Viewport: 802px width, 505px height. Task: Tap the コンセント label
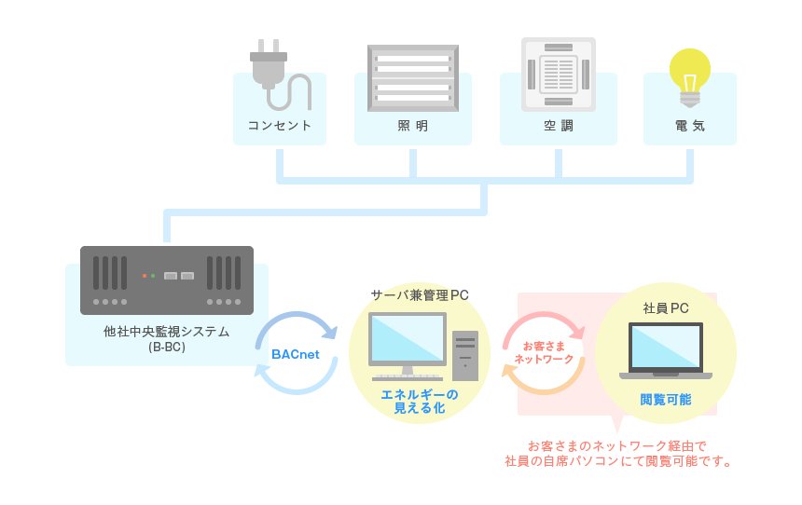point(279,126)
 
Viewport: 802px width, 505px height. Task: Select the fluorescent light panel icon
point(413,78)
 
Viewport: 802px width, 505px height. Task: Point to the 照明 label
point(413,126)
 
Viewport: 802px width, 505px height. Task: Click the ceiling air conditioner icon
point(559,75)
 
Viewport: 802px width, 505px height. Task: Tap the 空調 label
point(559,126)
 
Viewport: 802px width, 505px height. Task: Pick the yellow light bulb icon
point(690,77)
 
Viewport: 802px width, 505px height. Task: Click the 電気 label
point(690,126)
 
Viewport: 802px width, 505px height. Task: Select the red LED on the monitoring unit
point(145,276)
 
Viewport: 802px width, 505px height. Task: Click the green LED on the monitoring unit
point(152,276)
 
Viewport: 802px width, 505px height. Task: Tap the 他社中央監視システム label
point(166,332)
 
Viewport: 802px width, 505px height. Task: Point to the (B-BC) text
point(167,347)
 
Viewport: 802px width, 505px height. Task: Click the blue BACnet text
point(295,354)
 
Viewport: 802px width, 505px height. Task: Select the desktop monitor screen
point(408,338)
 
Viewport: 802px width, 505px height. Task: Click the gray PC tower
point(465,356)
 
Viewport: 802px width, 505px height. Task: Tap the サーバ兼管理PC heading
point(420,295)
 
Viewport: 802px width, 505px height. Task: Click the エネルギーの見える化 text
point(420,402)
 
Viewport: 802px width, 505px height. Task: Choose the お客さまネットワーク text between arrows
point(544,353)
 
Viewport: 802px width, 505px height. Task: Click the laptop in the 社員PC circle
point(666,350)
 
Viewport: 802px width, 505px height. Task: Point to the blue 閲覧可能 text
point(666,399)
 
